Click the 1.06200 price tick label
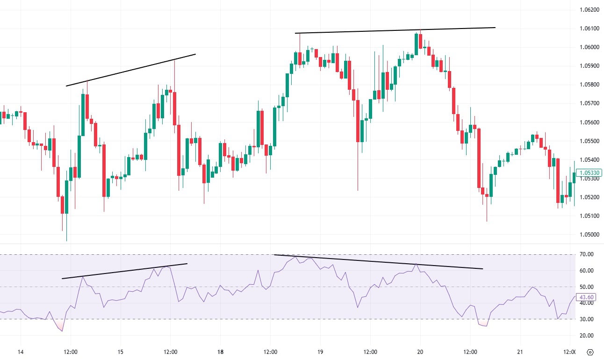[x=589, y=9]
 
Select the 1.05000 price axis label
[x=589, y=235]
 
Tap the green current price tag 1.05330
[x=590, y=173]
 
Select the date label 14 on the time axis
[x=20, y=352]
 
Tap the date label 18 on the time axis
[x=221, y=352]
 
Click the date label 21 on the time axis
[x=520, y=352]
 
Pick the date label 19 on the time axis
[x=321, y=352]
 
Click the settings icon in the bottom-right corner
[x=590, y=352]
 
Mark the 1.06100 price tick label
[x=589, y=29]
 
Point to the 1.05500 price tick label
[x=589, y=141]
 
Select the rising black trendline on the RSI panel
[x=124, y=271]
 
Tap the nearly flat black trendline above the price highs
[x=395, y=30]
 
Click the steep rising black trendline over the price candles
[x=131, y=70]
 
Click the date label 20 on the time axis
[x=420, y=352]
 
